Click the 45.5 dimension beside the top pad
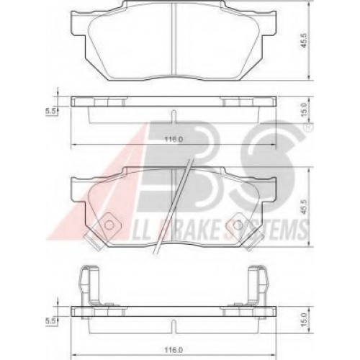(x=305, y=42)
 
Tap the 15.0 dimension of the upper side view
(x=305, y=110)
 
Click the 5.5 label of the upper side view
(x=51, y=111)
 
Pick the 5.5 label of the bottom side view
(x=51, y=321)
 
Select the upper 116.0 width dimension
(x=174, y=140)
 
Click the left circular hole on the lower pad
(x=109, y=225)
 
